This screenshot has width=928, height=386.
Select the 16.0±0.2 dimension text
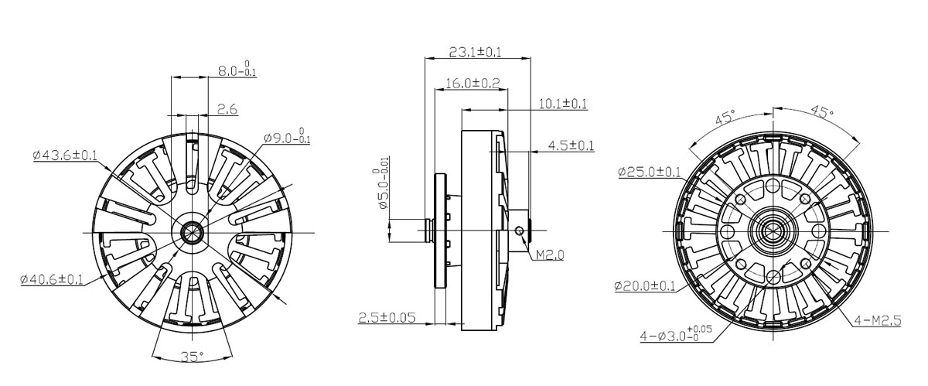pyautogui.click(x=473, y=84)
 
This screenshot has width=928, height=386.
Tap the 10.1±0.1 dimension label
pyautogui.click(x=563, y=104)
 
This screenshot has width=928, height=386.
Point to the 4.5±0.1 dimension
pyautogui.click(x=571, y=145)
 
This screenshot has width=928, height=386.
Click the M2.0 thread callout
pyautogui.click(x=550, y=255)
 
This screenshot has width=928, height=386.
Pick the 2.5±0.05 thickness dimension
pyautogui.click(x=387, y=318)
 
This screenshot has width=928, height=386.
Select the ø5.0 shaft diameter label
pyautogui.click(x=382, y=189)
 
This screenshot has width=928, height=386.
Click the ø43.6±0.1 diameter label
pyautogui.click(x=65, y=155)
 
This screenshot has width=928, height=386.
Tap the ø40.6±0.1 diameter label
pyautogui.click(x=52, y=279)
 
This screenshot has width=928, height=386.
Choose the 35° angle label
pyautogui.click(x=193, y=356)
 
